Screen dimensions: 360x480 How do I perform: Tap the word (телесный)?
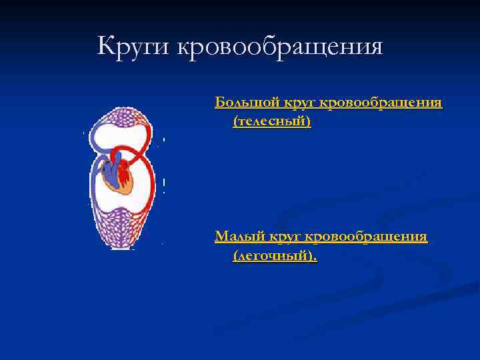tap(271, 122)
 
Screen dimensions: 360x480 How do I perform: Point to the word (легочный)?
tap(275, 255)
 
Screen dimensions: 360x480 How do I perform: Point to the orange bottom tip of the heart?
tap(127, 188)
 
